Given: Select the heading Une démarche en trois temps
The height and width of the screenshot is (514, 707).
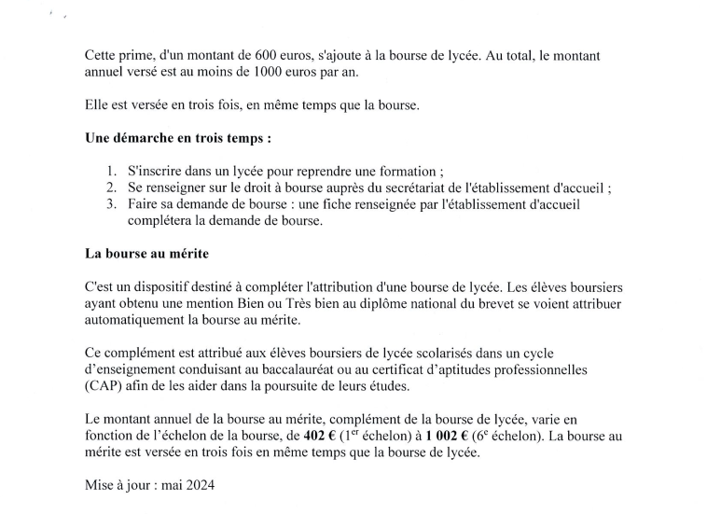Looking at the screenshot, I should (x=178, y=138).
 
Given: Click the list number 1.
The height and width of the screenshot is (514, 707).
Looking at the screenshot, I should (x=113, y=172).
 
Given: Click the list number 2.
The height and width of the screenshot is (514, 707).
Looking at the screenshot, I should (x=113, y=188).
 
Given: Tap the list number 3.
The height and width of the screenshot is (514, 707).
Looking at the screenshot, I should (x=113, y=204).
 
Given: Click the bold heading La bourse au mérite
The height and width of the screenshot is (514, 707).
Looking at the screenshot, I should (x=146, y=254).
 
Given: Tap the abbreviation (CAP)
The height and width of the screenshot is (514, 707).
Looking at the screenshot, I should (x=103, y=386).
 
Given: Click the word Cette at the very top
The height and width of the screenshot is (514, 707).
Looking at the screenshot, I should (x=102, y=56).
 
